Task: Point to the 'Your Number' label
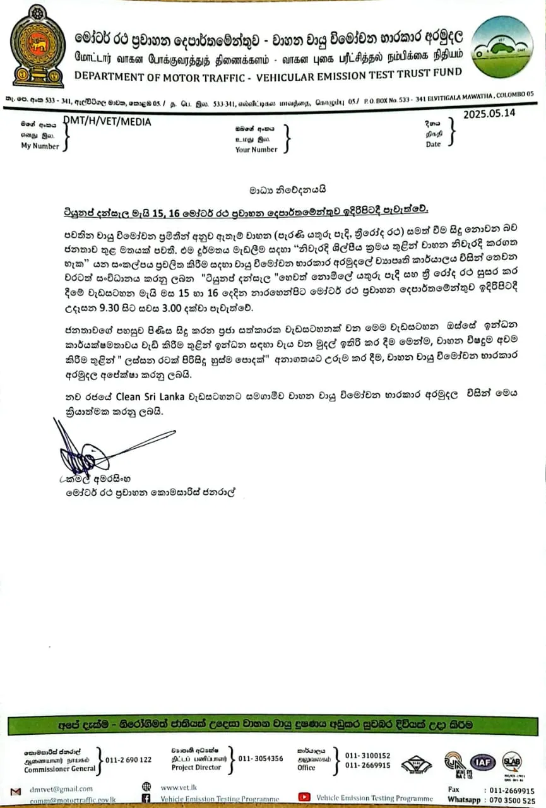256,150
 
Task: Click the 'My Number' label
40,146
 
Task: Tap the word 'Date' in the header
434,145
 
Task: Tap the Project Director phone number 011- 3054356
261,759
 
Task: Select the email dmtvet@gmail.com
61,788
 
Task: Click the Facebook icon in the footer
146,799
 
